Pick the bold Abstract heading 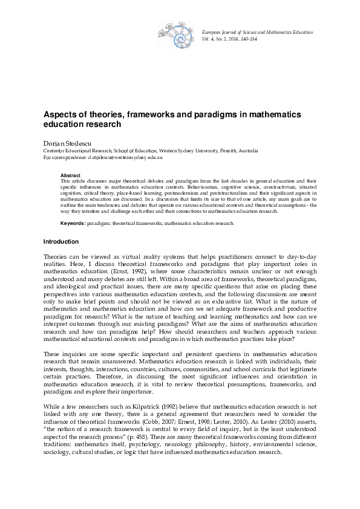click(x=71, y=175)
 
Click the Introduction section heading click(x=61, y=242)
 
